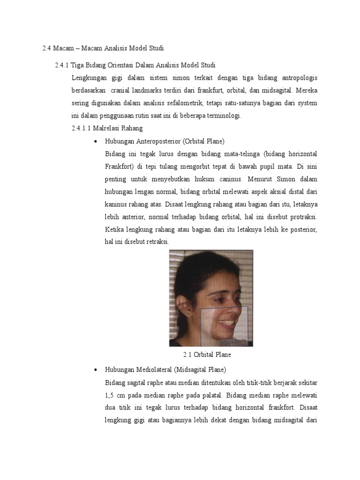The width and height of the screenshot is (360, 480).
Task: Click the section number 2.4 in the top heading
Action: tap(46, 48)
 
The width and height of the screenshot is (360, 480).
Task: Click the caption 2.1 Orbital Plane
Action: tap(207, 355)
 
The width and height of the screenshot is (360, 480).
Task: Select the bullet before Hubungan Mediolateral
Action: tap(95, 370)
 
